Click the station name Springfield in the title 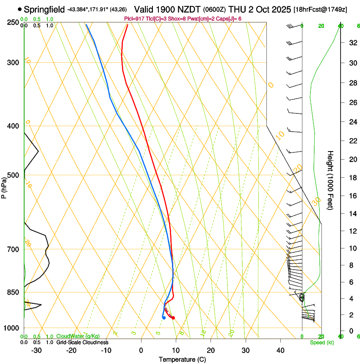tap(44, 9)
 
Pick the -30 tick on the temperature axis tap(36, 350)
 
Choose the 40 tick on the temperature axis tap(280, 350)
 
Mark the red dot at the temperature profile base tap(173, 318)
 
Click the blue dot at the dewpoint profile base tap(163, 318)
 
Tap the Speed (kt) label tap(321, 342)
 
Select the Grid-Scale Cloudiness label tap(82, 342)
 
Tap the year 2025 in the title tap(281, 9)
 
